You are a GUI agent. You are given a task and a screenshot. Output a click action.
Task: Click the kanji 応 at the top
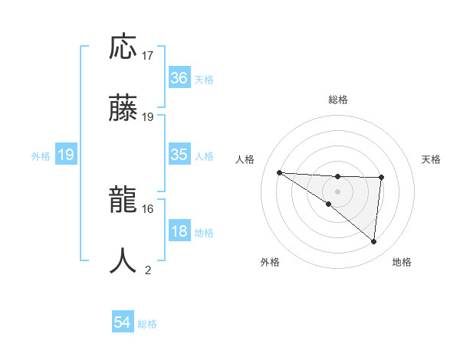[x=123, y=47]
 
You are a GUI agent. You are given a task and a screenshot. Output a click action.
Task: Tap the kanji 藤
[x=123, y=108]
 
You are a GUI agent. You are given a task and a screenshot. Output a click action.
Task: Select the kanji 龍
[x=123, y=201]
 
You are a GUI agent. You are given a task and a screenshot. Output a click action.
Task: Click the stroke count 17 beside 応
[x=148, y=56]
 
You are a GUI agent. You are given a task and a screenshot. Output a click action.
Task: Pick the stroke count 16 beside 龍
[x=148, y=208]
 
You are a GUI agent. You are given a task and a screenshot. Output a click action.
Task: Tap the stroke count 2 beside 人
[x=148, y=270]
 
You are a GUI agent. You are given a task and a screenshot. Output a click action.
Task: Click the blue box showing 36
[x=179, y=78]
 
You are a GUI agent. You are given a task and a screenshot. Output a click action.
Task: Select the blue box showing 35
[x=179, y=155]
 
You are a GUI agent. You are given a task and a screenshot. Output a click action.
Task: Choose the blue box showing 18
[x=179, y=231]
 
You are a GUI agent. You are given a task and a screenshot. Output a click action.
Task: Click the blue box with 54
[x=123, y=323]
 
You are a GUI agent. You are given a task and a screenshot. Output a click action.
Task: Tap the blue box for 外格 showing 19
[x=65, y=155]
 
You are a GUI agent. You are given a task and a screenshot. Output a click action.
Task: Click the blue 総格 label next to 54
[x=147, y=324]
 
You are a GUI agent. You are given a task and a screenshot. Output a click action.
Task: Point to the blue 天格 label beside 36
[x=203, y=79]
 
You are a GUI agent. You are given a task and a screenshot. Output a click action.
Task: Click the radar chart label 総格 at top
[x=338, y=100]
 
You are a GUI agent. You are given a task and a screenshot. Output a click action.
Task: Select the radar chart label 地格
[x=402, y=262]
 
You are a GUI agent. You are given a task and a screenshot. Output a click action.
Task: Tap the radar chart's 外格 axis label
[x=270, y=262]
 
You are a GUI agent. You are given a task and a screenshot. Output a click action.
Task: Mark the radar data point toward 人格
[x=279, y=172]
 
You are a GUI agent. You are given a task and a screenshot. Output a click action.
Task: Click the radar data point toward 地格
[x=373, y=241]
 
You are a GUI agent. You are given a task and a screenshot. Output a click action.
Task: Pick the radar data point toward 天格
[x=381, y=178]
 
